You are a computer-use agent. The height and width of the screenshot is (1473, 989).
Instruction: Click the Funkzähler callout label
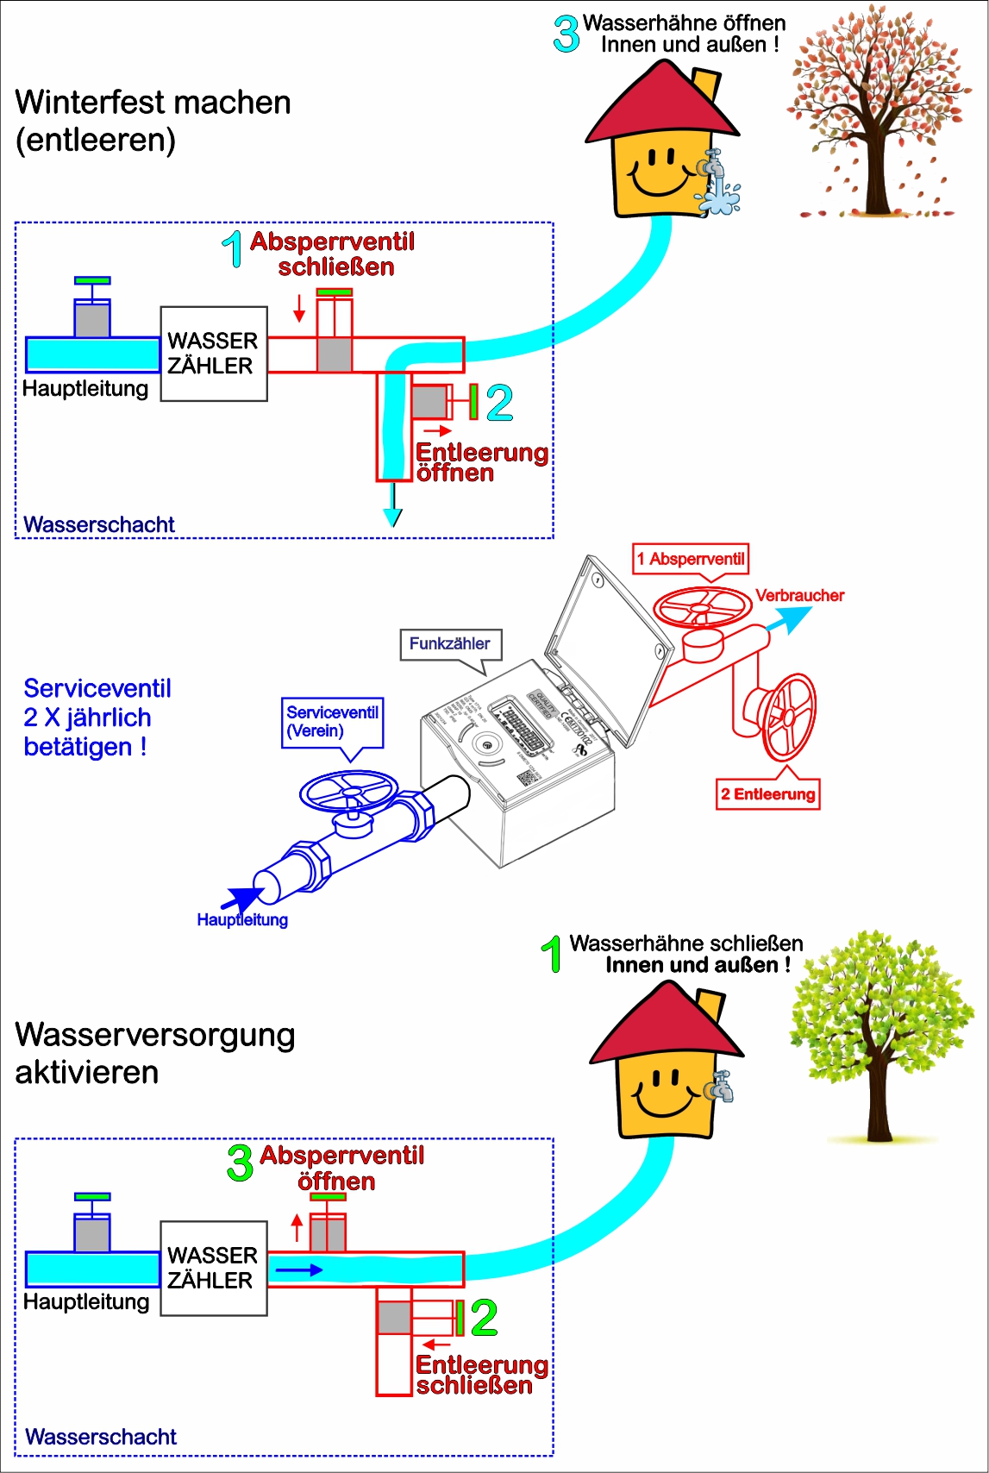449,644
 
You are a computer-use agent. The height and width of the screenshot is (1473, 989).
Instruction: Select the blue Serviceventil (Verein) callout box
332,722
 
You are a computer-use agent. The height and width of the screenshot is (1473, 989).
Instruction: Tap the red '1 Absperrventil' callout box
690,559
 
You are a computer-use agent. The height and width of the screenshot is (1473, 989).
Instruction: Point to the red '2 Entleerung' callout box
767,794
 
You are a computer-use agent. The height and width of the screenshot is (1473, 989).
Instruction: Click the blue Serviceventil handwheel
349,791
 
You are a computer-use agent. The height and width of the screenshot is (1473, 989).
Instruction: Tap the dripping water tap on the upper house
716,172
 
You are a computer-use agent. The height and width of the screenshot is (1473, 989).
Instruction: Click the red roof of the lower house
664,1026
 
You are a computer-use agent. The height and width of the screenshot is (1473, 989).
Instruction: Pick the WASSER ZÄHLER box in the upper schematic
213,354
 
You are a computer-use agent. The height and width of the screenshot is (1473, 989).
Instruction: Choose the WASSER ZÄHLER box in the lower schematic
213,1268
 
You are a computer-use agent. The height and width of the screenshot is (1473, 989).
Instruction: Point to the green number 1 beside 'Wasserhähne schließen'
552,955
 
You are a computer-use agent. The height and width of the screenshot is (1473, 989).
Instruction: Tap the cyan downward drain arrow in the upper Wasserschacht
393,509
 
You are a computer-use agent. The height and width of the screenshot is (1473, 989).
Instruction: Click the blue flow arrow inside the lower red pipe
298,1270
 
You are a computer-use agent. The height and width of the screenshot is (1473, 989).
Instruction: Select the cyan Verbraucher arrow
789,618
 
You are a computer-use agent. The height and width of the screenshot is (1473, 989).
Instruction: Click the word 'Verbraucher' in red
799,596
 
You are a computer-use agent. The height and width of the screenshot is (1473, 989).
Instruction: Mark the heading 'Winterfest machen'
153,103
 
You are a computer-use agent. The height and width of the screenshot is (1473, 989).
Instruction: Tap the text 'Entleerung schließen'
480,1375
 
